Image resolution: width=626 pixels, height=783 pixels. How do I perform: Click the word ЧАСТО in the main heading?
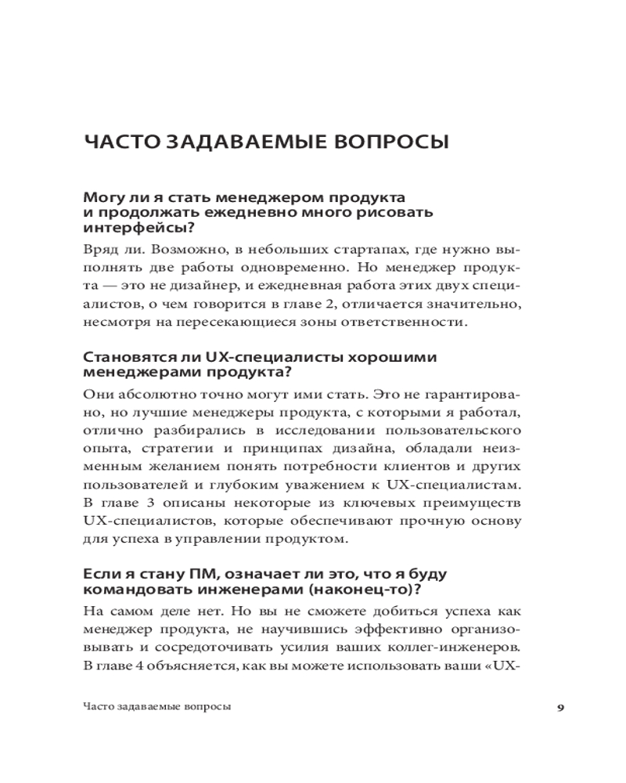point(117,143)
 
